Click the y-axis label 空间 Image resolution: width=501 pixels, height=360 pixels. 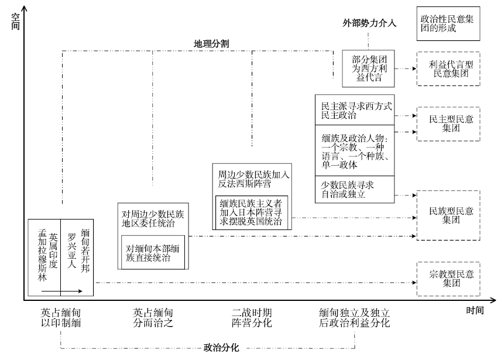click(15, 22)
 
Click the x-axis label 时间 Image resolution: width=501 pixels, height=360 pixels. click(475, 310)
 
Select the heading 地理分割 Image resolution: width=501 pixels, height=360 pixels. click(211, 44)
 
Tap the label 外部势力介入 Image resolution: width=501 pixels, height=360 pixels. click(369, 23)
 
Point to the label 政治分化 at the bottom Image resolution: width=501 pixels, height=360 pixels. click(221, 348)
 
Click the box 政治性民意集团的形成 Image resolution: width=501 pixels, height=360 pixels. click(448, 23)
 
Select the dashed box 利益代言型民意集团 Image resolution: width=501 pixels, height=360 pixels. click(448, 68)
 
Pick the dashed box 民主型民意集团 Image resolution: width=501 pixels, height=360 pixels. click(448, 124)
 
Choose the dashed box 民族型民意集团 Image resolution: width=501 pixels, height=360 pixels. click(448, 215)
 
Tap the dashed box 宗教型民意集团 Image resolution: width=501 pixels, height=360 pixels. click(448, 279)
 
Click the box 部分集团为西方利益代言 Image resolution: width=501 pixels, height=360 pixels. click(368, 68)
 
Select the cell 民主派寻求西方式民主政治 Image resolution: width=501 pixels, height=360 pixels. click(355, 110)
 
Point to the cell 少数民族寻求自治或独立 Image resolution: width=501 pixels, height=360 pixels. click(355, 190)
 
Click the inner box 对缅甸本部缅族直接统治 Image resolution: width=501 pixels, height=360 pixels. click(153, 252)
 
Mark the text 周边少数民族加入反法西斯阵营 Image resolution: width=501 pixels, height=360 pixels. click(253, 179)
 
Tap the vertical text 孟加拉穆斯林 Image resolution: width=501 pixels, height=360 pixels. click(42, 255)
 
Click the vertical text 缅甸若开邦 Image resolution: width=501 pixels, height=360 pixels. click(85, 251)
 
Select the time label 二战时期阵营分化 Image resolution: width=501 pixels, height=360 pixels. click(252, 318)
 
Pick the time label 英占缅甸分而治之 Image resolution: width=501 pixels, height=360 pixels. click(153, 318)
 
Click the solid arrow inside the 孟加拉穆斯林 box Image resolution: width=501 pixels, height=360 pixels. click(61, 291)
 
